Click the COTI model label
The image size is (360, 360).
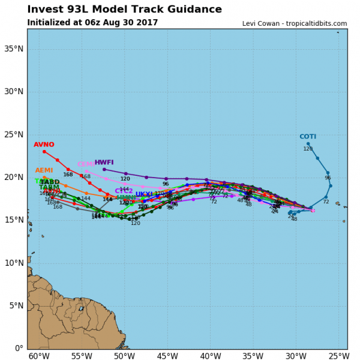[x=308, y=137]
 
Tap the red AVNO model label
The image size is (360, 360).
[x=44, y=145]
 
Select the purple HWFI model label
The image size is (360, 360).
[x=104, y=162]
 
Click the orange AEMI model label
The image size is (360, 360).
[x=44, y=170]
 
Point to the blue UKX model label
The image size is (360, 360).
[x=143, y=194]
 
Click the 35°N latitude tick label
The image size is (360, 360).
[x=13, y=49]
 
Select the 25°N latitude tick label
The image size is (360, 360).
[x=13, y=134]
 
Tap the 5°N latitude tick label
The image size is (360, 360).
[x=15, y=305]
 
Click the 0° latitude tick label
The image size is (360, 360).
[x=18, y=348]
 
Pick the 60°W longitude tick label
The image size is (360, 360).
[x=39, y=355]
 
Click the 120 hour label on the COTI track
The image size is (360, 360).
[x=308, y=149]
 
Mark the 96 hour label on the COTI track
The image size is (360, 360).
[x=328, y=178]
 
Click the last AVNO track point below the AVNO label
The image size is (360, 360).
[x=44, y=152]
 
